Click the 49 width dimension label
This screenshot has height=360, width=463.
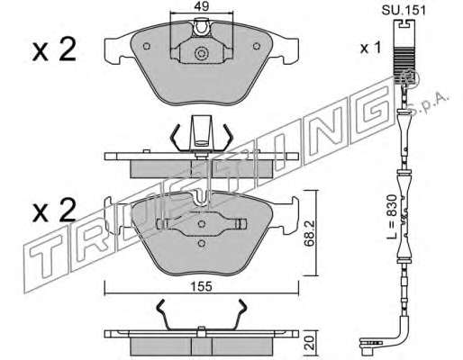(202, 6)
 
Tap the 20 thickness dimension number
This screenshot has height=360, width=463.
(310, 342)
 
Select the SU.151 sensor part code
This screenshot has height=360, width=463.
(404, 11)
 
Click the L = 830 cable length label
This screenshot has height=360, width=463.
(391, 216)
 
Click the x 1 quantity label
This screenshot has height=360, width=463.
(370, 48)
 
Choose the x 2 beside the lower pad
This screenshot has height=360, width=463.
(54, 211)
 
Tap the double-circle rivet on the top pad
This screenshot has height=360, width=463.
(201, 54)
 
